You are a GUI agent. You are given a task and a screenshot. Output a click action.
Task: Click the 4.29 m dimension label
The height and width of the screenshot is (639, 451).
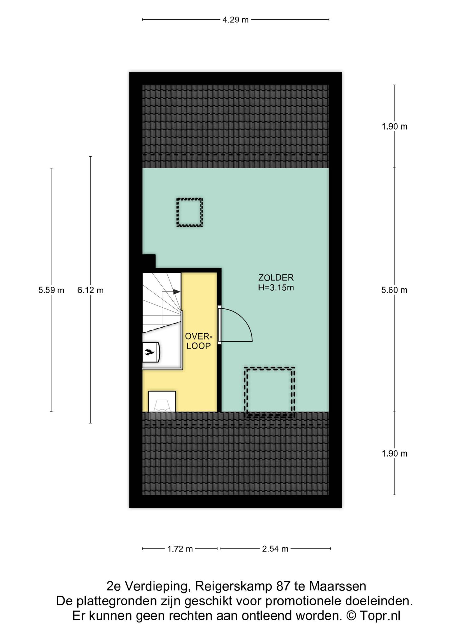(x=235, y=20)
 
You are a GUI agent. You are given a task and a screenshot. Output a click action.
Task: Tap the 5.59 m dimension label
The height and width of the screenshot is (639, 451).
(x=51, y=290)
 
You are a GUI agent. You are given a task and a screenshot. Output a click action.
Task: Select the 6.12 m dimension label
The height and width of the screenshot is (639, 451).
(x=90, y=290)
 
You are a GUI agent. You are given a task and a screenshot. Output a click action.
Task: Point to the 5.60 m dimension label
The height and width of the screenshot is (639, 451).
(x=394, y=290)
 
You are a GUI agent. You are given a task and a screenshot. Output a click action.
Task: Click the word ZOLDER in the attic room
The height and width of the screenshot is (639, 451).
(x=276, y=277)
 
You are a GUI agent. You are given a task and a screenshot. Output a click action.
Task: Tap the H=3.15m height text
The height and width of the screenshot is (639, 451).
(x=276, y=287)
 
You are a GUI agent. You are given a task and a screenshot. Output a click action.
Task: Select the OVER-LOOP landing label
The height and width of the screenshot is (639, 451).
(x=199, y=341)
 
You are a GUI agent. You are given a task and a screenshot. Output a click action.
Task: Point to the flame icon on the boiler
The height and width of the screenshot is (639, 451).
(x=149, y=353)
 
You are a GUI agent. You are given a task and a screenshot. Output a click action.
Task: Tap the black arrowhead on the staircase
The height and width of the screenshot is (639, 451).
(x=177, y=291)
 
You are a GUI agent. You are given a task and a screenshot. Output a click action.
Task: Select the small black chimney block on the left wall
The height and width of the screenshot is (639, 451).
(x=149, y=261)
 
